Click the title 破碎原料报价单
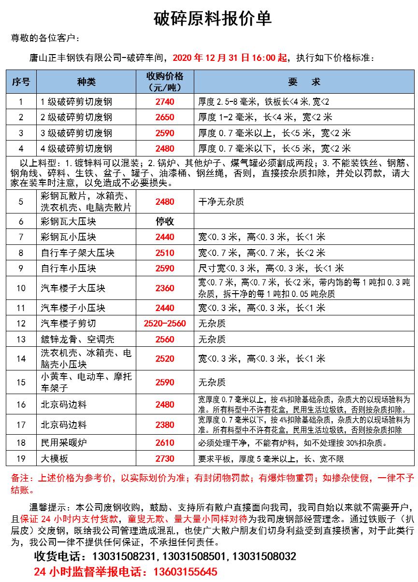[x=212, y=19]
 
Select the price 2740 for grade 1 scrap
[x=164, y=102]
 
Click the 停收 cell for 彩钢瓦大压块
[x=164, y=222]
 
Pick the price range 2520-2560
[x=164, y=324]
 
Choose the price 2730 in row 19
[x=164, y=459]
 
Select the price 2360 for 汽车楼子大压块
[x=164, y=288]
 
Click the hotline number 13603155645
[x=185, y=572]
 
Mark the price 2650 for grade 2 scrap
[x=164, y=117]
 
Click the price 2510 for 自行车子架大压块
[x=164, y=253]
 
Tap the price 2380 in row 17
[x=164, y=425]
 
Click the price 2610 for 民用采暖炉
[x=164, y=443]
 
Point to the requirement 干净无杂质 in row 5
[x=221, y=201]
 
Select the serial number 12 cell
[x=21, y=324]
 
